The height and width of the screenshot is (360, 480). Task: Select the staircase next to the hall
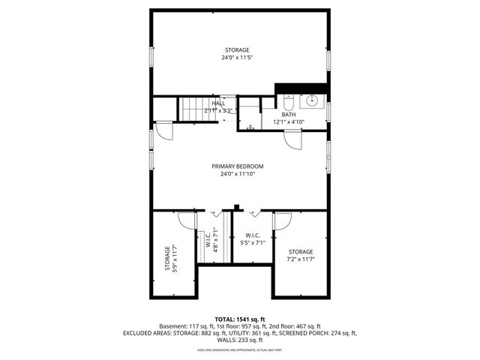coord(197,109)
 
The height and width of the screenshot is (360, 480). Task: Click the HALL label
coord(218,103)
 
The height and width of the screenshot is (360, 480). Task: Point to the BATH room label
coord(289,115)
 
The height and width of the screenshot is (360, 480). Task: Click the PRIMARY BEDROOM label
coord(237,166)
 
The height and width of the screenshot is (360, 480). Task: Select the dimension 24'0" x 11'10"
coord(237,175)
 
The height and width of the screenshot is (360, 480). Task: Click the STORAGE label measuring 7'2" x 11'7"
coord(301,252)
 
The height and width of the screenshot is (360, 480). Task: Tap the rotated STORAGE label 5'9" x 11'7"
coord(167,258)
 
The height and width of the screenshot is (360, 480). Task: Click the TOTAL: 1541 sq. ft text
coord(240,319)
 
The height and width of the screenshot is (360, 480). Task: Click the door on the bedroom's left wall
coord(164,132)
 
